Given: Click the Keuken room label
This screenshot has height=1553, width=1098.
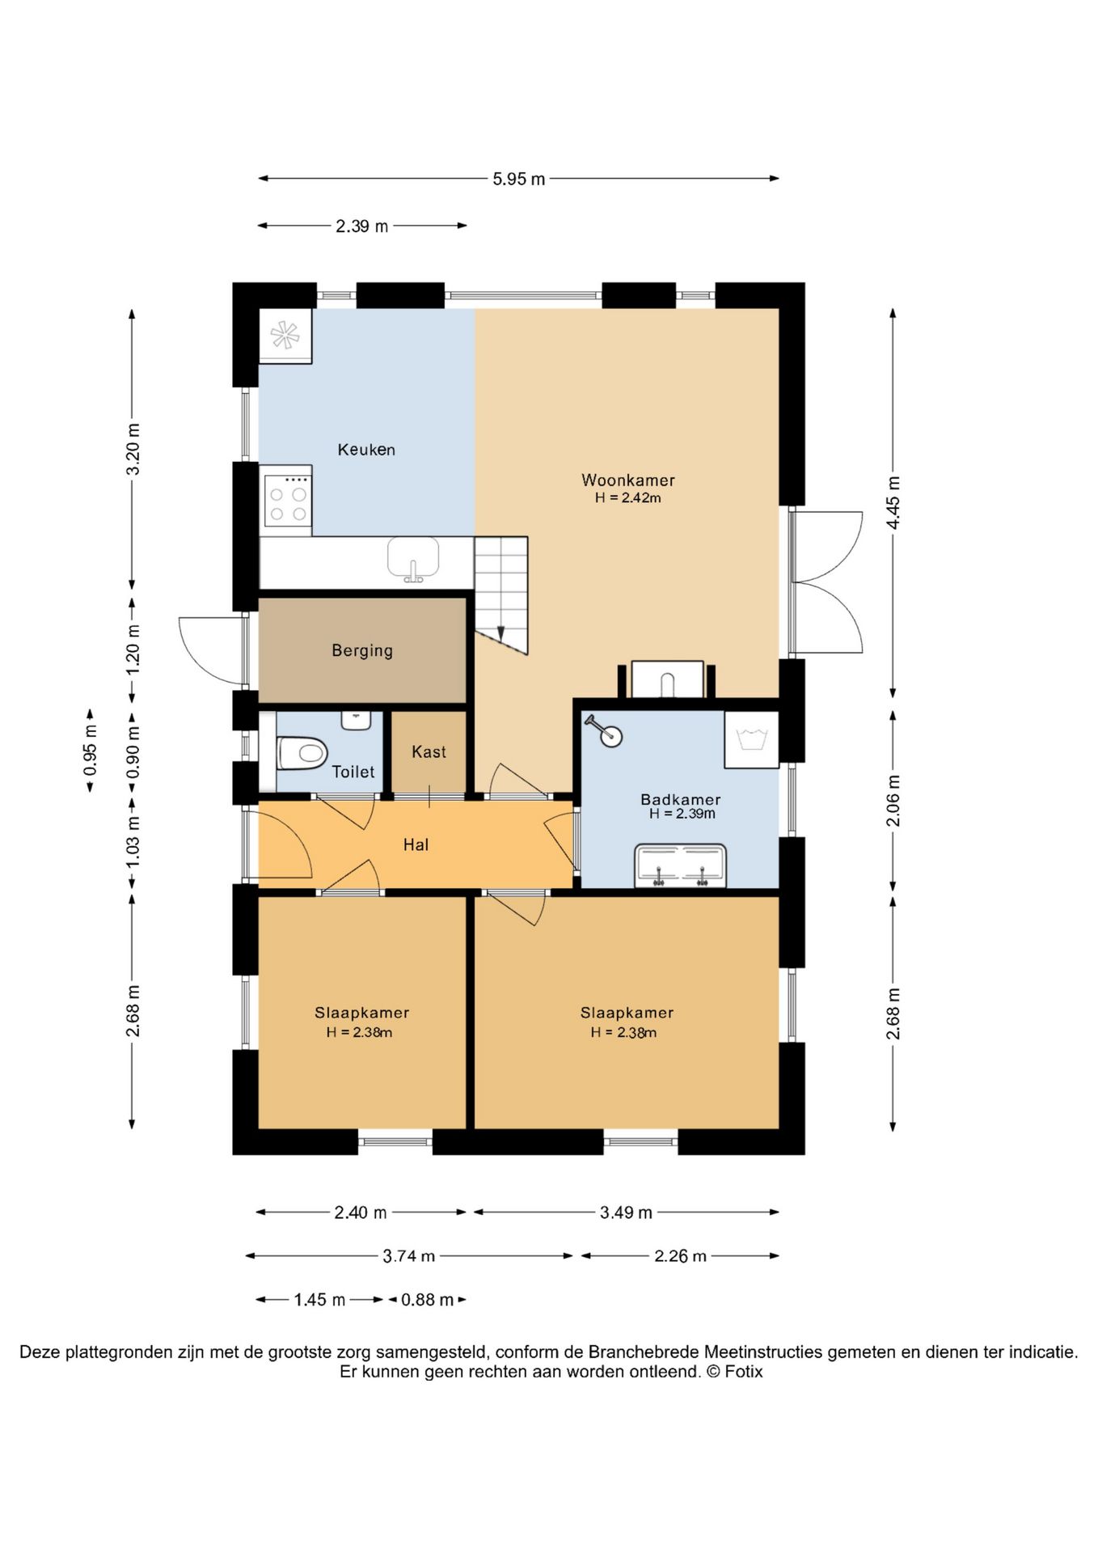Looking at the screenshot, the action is click(x=366, y=450).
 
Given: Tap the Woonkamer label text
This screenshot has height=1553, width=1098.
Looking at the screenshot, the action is click(x=628, y=480).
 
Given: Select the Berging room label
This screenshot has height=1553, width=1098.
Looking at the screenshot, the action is click(x=362, y=650).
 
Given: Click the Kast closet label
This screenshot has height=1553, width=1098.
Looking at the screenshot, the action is click(x=429, y=751).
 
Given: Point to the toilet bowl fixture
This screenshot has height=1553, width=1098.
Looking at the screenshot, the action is click(x=302, y=753).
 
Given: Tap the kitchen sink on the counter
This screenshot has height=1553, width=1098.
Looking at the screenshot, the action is click(x=413, y=558).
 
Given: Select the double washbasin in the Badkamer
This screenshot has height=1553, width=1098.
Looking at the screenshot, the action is click(x=681, y=865).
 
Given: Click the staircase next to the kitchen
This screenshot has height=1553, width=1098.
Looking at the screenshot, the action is click(x=501, y=595).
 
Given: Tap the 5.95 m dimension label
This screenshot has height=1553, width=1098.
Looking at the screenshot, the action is click(x=519, y=179).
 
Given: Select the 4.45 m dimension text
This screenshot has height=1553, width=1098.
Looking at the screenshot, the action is click(x=893, y=502).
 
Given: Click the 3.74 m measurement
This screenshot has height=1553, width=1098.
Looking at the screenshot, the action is click(x=409, y=1256).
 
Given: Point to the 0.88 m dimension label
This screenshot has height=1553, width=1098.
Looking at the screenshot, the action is click(x=428, y=1300).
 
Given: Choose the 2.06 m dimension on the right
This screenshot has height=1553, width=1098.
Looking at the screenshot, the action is click(x=893, y=801).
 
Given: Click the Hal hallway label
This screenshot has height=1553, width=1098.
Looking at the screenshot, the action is click(x=416, y=844).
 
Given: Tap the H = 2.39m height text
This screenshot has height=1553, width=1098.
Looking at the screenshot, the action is click(x=682, y=814).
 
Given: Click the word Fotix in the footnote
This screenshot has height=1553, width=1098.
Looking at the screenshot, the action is click(x=743, y=1371).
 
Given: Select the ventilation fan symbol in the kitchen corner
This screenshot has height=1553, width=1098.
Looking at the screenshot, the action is click(x=285, y=335).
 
